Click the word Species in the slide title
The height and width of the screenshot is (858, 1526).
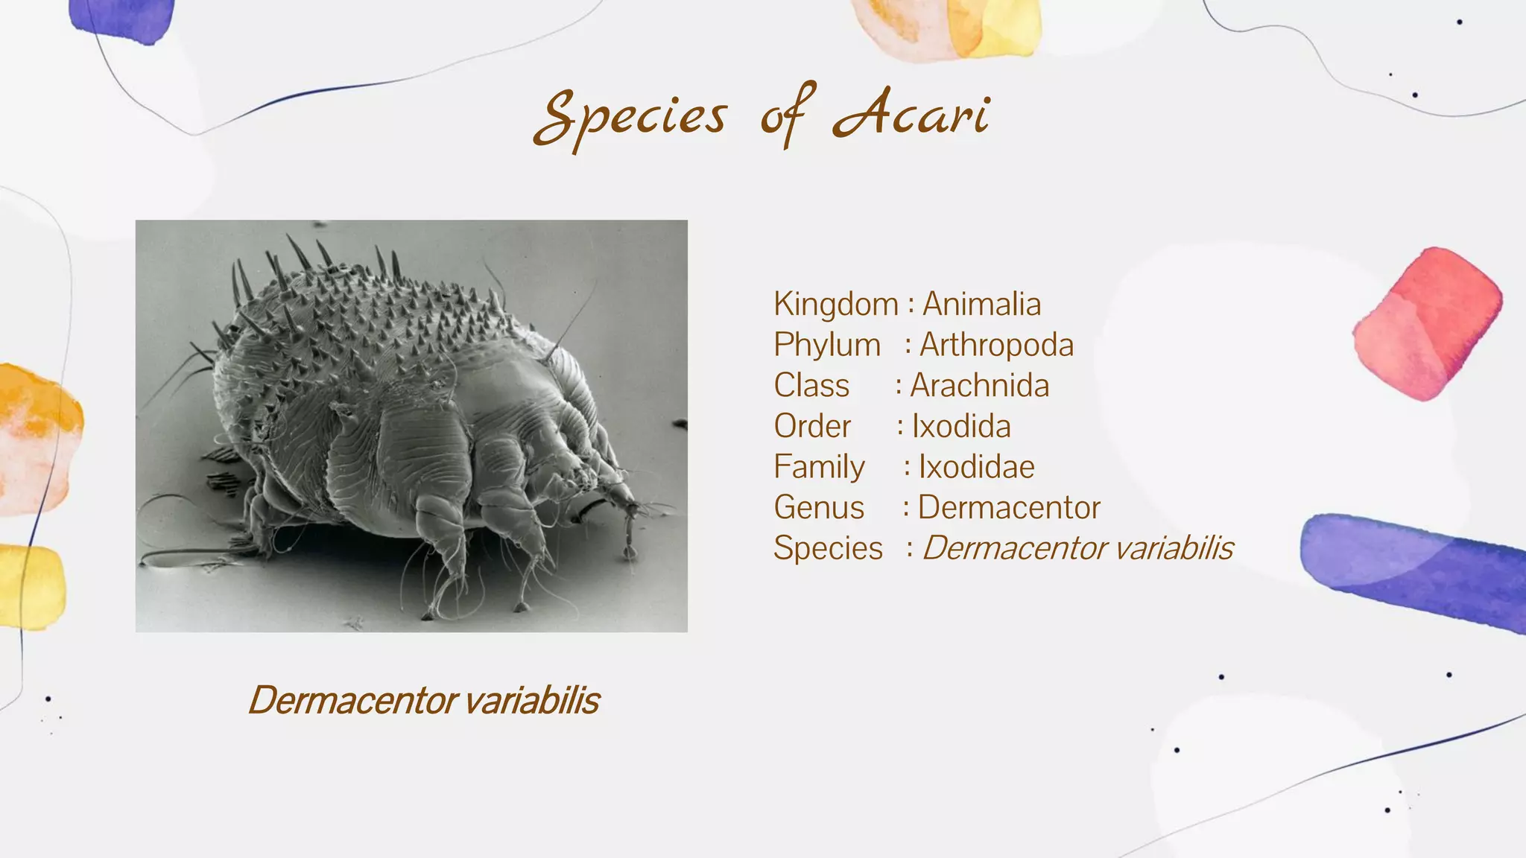[630, 117]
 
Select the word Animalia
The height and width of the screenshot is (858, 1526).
[981, 304]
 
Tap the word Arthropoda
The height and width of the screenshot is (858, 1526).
[996, 345]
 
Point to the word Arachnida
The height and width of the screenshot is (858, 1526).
[979, 386]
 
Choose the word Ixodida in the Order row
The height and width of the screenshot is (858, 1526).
[961, 426]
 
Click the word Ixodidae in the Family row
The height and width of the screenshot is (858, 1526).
[976, 467]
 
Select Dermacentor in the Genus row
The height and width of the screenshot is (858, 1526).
[1009, 508]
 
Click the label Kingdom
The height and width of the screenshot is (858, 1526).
[835, 304]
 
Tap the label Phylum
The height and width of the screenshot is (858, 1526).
[827, 345]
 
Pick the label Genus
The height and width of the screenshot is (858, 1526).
[819, 508]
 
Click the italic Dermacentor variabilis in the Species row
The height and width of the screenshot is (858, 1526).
[1077, 548]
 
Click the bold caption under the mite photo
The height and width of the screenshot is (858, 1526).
[423, 700]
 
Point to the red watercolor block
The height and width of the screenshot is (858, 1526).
[1426, 324]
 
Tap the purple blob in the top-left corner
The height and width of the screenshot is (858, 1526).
[123, 18]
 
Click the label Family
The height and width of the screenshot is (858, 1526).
[819, 467]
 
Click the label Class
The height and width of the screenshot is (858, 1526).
[811, 386]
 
